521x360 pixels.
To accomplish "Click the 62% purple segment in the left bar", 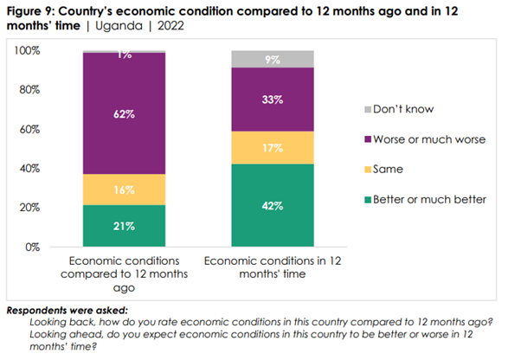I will coord(125,113).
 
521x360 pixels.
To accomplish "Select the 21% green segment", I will coord(125,226).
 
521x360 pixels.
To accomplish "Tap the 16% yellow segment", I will coord(125,190).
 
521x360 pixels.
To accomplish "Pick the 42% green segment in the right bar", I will coord(273,205).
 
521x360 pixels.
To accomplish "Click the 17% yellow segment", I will coord(273,147).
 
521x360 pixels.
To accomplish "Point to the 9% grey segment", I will coord(273,59).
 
